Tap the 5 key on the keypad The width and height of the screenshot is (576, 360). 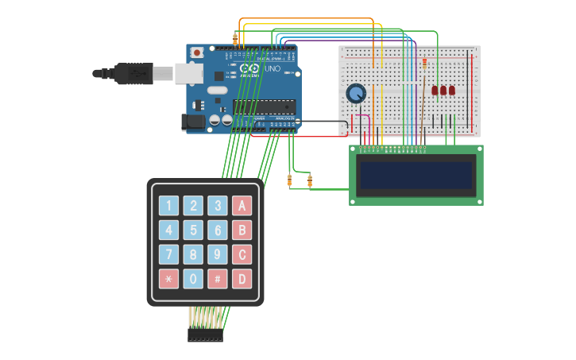pos(193,230)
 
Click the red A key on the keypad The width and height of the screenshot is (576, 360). pos(242,206)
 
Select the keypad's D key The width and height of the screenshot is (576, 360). pos(242,279)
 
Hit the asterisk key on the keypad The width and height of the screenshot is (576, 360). pos(168,279)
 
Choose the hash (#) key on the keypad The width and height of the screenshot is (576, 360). pos(218,279)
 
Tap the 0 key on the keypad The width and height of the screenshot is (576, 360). pos(193,279)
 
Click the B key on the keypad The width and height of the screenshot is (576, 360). pos(242,230)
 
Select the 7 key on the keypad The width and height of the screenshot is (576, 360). pos(168,255)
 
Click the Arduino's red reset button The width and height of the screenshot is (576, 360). pos(196,53)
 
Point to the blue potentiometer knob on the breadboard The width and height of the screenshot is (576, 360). pos(356,94)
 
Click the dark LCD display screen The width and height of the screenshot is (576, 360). pos(417,175)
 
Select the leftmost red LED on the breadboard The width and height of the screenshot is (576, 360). pos(435,91)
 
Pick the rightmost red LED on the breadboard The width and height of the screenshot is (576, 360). pos(452,91)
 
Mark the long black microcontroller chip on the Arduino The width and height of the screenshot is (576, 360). pos(264,106)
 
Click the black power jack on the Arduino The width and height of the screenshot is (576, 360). pos(192,122)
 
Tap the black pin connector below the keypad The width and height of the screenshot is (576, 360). pos(205,336)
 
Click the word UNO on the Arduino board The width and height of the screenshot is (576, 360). pos(271,70)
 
